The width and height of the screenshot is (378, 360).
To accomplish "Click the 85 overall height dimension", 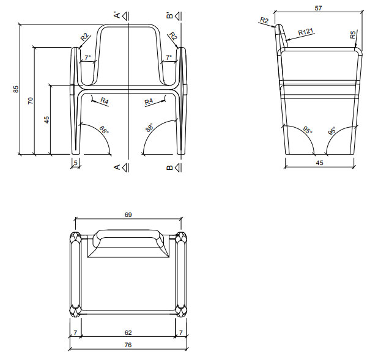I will click(16, 89).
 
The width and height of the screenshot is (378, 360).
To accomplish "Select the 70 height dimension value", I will click(31, 100).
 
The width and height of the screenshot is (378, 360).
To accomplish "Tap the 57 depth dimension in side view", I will click(317, 8).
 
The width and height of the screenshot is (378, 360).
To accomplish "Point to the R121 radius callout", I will click(306, 31).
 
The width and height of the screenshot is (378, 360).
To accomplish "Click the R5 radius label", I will click(354, 35).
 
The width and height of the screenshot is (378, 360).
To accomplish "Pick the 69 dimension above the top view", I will click(128, 215).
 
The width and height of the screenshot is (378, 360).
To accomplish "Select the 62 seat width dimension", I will click(128, 333).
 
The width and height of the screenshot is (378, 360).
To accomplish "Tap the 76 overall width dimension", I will click(128, 345).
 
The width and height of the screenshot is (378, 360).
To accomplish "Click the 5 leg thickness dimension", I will click(76, 163).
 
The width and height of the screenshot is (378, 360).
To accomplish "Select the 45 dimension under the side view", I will click(319, 163).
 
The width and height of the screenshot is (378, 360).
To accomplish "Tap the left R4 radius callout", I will click(105, 101).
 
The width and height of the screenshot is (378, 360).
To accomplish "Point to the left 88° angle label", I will click(103, 130).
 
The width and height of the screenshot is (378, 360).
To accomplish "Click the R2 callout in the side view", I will click(264, 21).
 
